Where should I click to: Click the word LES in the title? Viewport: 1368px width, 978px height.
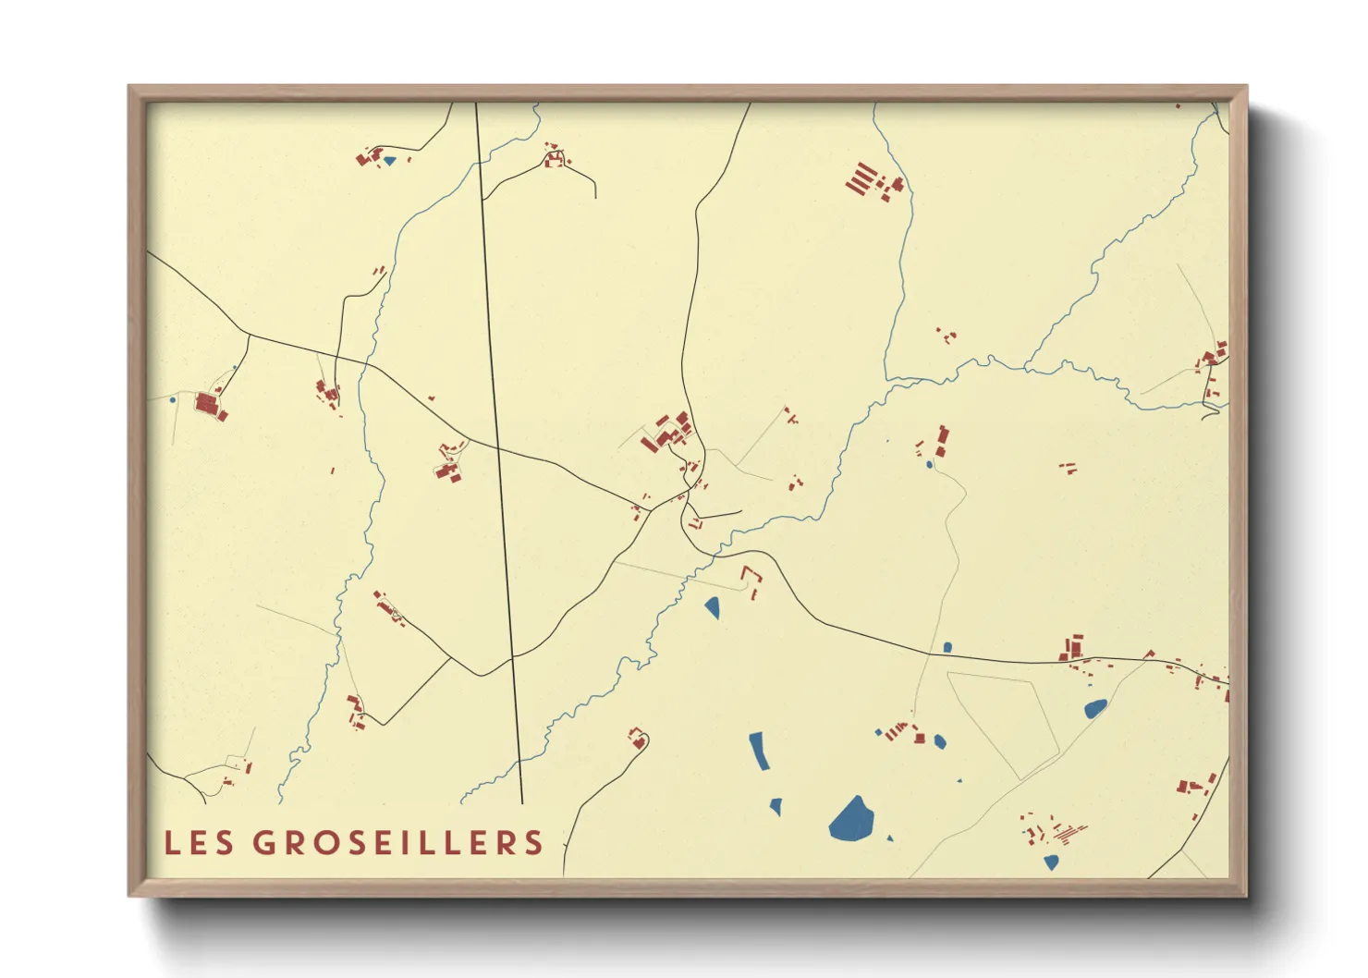tap(199, 842)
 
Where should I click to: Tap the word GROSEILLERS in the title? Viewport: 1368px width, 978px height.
tap(398, 842)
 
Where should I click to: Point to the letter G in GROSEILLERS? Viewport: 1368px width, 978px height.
tap(264, 842)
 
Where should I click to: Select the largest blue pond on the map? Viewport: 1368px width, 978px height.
tap(851, 820)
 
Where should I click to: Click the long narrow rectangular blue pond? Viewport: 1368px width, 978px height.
tap(759, 751)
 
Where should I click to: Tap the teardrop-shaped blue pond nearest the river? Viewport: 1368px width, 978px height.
tap(712, 607)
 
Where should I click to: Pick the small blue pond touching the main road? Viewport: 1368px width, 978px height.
tap(947, 647)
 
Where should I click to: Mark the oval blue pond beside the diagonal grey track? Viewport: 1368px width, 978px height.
tap(1094, 709)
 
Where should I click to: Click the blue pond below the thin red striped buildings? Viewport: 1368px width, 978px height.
tap(1051, 862)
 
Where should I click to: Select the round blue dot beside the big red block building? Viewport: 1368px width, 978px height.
tap(173, 400)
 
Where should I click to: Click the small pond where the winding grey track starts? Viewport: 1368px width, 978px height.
tap(929, 464)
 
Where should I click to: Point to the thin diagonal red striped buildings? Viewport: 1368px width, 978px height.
tap(1069, 833)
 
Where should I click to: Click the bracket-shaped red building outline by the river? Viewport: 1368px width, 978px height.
tap(752, 575)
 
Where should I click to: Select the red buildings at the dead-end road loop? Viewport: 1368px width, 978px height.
tap(636, 738)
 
